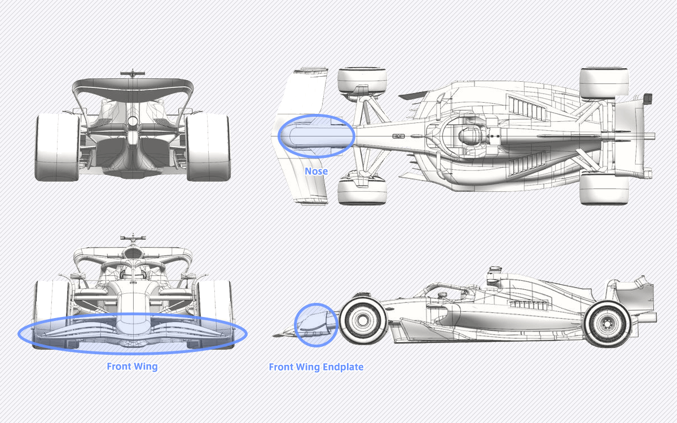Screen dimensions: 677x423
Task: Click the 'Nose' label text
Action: [x=316, y=171]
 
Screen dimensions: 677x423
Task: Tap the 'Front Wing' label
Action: [x=133, y=367]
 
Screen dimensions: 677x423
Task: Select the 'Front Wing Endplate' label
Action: [x=316, y=367]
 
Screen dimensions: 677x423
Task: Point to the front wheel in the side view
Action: [x=363, y=320]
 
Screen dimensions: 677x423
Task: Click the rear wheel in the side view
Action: [x=608, y=324]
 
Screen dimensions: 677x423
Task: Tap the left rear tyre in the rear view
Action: [x=58, y=147]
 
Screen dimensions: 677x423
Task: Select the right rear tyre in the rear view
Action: [x=208, y=147]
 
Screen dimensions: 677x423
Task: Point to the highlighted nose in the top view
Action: [x=316, y=136]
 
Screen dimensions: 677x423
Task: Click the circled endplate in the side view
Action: [x=316, y=325]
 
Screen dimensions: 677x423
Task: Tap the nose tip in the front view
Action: [x=133, y=326]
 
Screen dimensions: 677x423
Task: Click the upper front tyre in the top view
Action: [x=362, y=82]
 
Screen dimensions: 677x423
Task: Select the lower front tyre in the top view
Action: [x=362, y=190]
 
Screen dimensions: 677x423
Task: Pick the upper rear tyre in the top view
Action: [x=604, y=83]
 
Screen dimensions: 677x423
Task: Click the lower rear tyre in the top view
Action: [x=604, y=188]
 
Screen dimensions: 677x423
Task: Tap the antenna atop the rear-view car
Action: [x=133, y=74]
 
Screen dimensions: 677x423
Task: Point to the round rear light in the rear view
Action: [x=133, y=121]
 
